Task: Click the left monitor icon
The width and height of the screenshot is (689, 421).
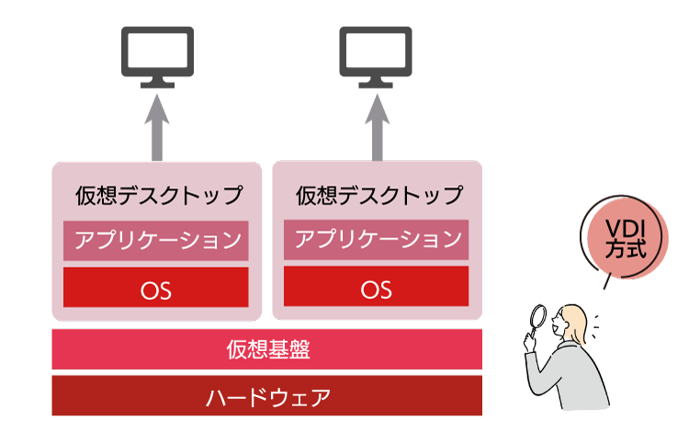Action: [158, 54]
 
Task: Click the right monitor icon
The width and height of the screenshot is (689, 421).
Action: [377, 54]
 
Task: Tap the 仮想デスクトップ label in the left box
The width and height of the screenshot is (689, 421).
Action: [159, 195]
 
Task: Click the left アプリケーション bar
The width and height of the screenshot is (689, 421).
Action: [156, 241]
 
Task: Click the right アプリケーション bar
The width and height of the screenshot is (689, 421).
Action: [377, 240]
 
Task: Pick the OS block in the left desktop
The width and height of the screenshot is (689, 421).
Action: [156, 288]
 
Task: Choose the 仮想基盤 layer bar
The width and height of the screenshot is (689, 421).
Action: [266, 349]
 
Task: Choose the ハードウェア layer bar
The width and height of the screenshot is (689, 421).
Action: [266, 396]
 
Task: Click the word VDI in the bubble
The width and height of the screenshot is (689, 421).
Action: [624, 228]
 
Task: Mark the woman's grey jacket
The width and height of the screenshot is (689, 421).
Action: [570, 381]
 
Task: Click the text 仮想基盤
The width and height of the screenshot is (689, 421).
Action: [267, 349]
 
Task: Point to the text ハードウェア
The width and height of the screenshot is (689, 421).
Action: [267, 397]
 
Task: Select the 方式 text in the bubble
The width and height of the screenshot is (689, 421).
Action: [624, 250]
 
